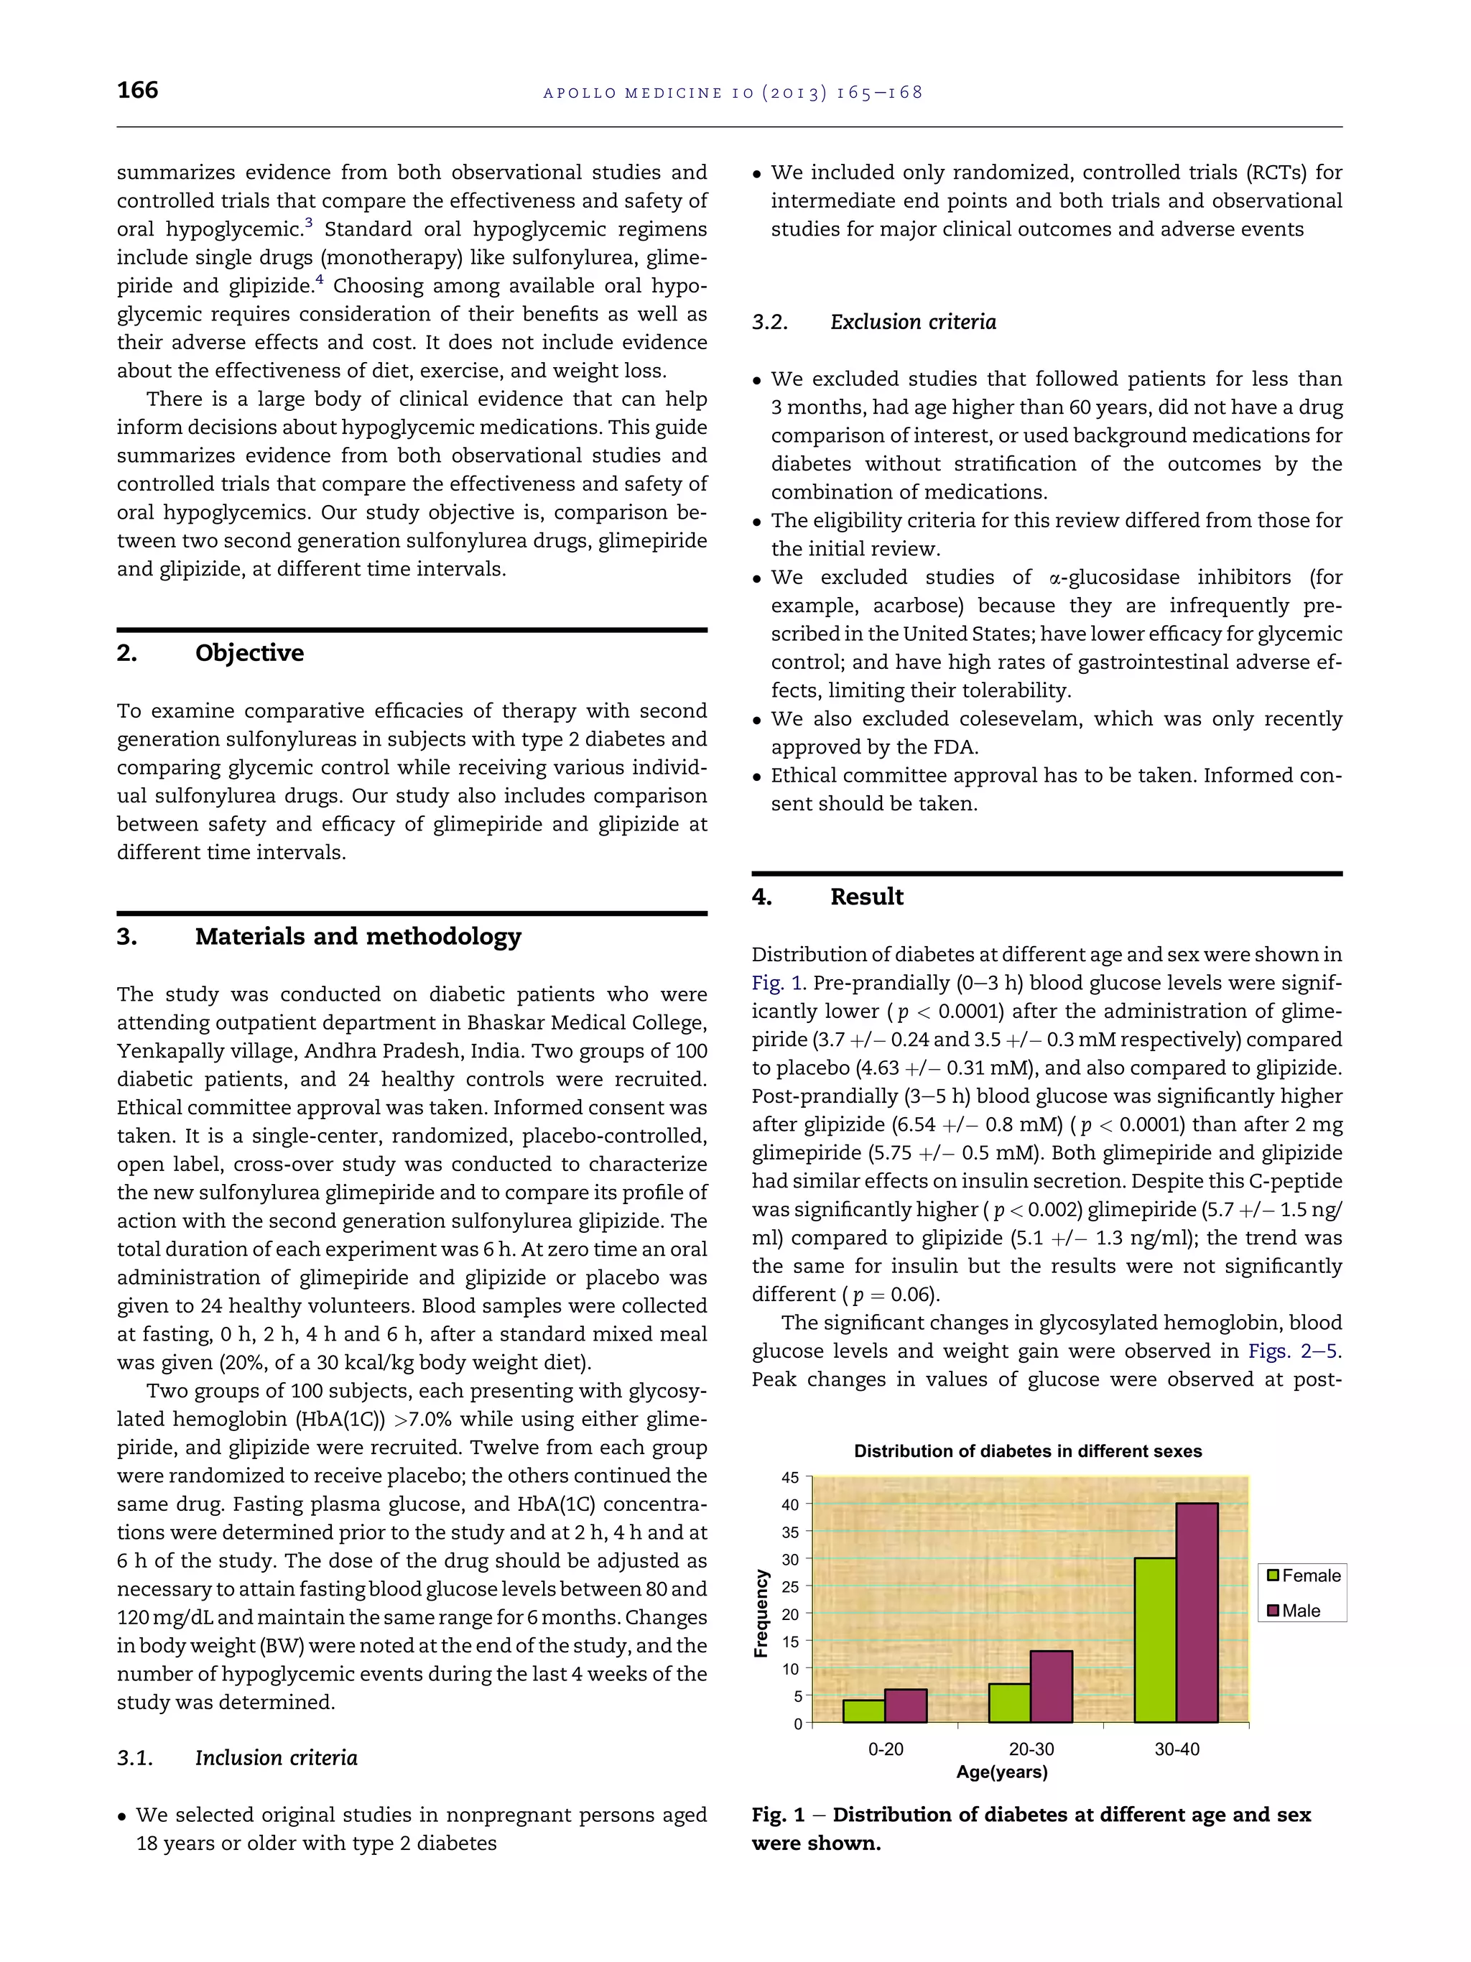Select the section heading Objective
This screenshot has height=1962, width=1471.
click(x=249, y=653)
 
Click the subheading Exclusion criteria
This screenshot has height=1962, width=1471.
click(x=912, y=322)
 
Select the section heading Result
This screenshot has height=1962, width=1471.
click(x=866, y=897)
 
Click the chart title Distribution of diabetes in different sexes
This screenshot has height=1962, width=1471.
click(x=1028, y=1452)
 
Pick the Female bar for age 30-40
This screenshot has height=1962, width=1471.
click(x=1156, y=1640)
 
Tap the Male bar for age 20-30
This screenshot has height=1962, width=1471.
click(x=1052, y=1686)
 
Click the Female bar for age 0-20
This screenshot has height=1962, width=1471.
click(x=863, y=1711)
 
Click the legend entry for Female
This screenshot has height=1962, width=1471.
click(x=1304, y=1575)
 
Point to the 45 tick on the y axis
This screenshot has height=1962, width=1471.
click(x=790, y=1478)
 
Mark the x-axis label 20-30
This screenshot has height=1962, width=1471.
click(x=1031, y=1749)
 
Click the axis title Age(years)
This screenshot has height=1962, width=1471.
click(x=1002, y=1772)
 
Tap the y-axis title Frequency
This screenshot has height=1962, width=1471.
click(x=761, y=1613)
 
